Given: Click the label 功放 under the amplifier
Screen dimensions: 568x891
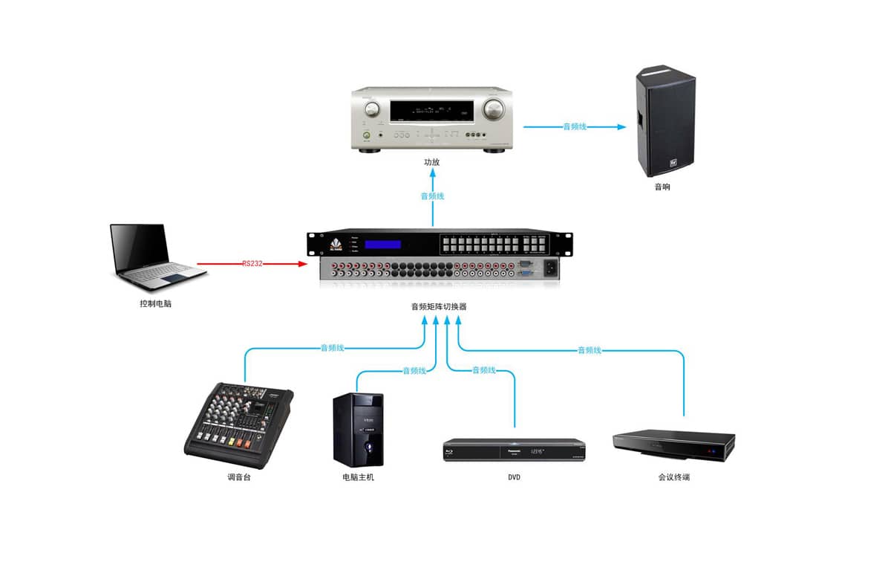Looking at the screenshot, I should tap(431, 162).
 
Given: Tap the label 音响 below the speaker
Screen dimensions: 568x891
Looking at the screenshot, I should tap(662, 187).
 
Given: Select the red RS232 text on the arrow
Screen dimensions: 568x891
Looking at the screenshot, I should tap(252, 263).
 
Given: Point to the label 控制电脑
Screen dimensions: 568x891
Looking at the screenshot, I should tap(155, 303).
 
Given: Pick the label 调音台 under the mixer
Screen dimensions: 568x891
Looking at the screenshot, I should tap(239, 477).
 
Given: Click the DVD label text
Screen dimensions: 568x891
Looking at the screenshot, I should tap(514, 477).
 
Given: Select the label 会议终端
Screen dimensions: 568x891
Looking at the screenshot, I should tap(673, 477).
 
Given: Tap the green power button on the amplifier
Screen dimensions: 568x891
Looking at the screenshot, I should tap(367, 135).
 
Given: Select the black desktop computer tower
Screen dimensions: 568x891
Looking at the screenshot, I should tap(358, 430).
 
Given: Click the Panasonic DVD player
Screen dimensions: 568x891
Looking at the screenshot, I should tap(514, 450).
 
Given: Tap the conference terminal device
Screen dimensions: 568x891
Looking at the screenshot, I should tap(673, 445).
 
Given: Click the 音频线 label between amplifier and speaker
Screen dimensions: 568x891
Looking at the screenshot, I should tap(574, 127).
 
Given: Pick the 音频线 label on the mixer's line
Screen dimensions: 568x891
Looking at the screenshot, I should tap(332, 347).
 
